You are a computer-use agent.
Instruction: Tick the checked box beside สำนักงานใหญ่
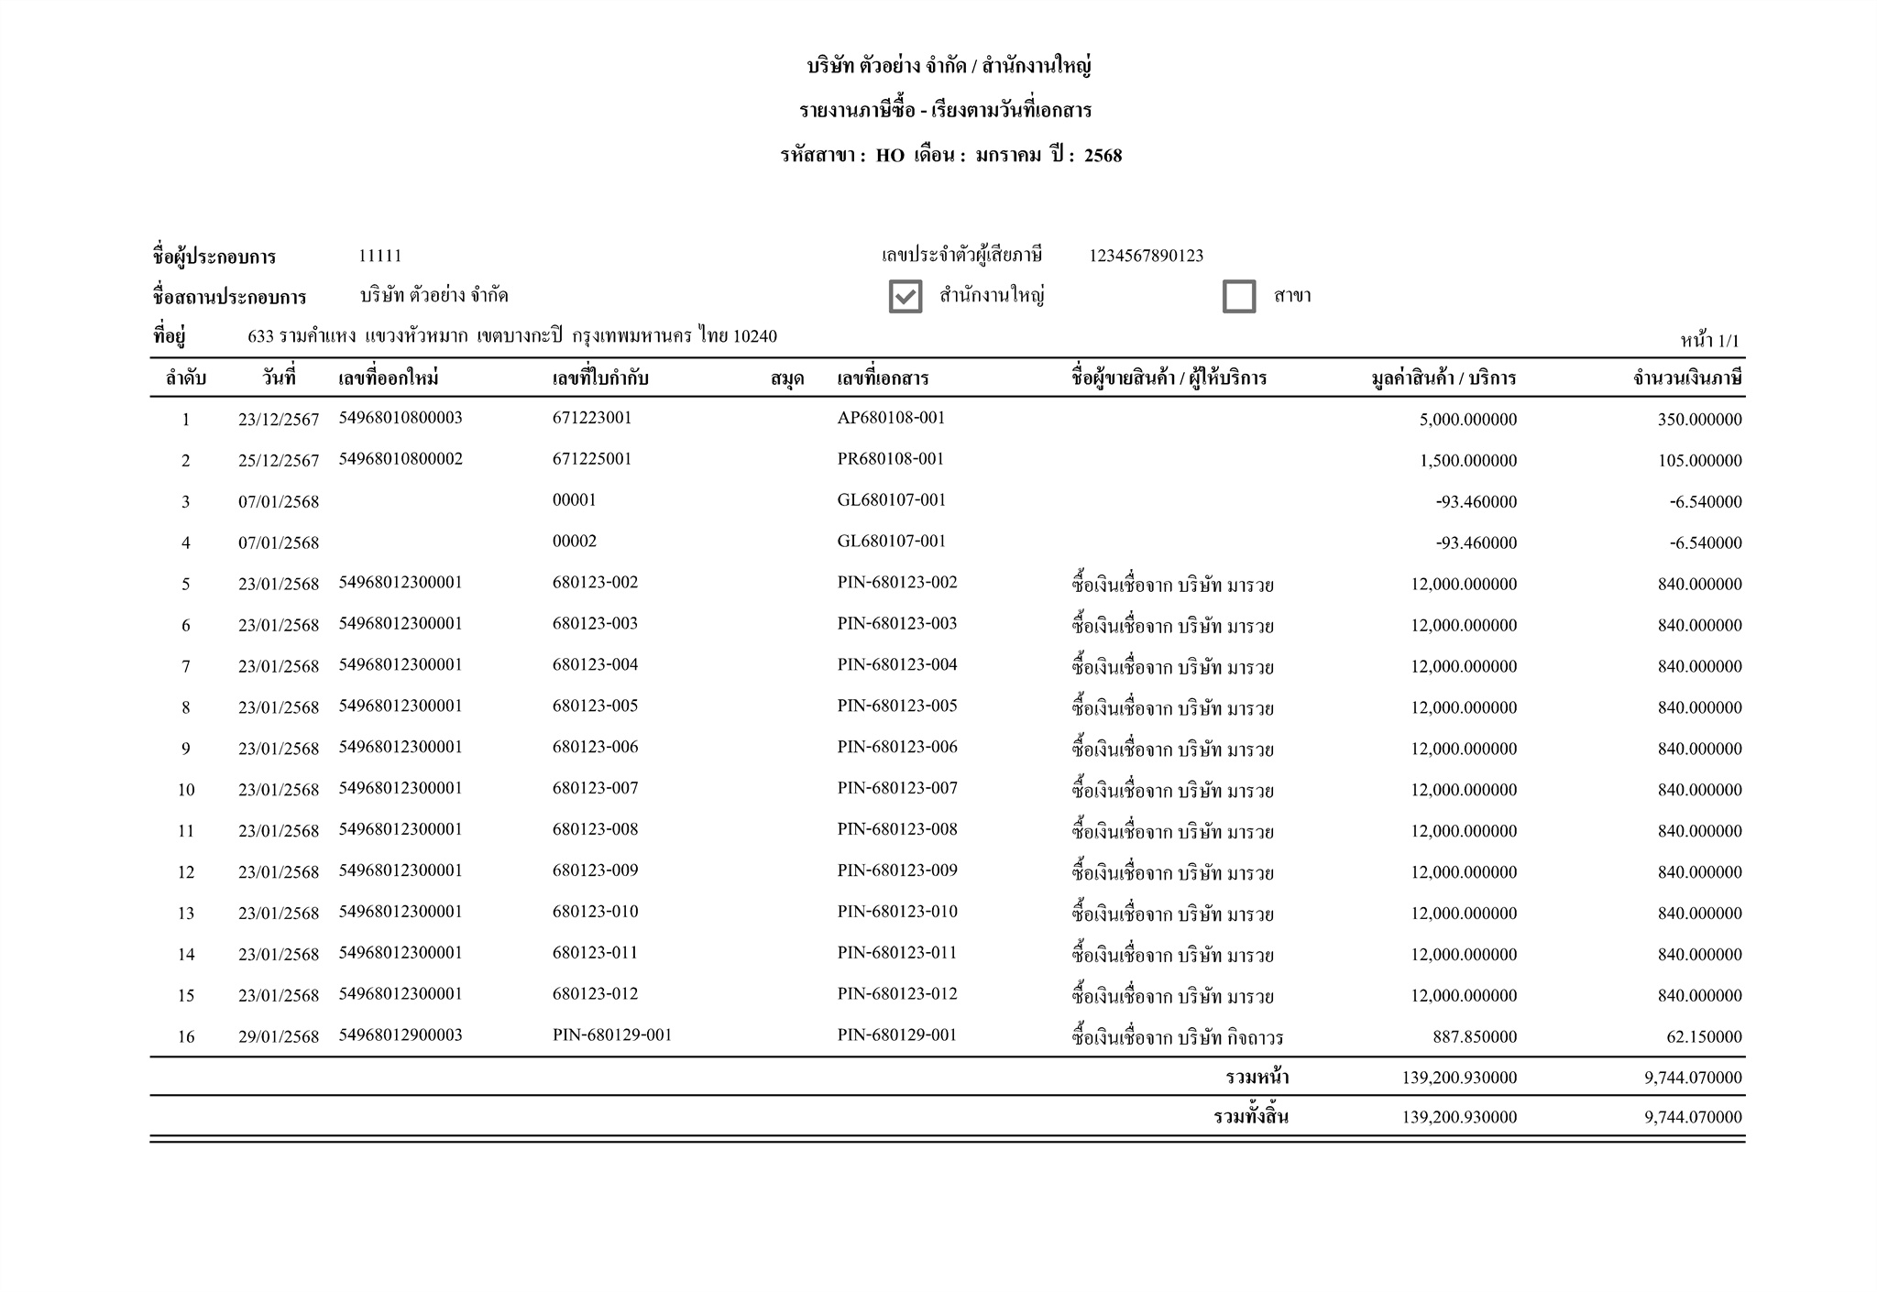coord(905,296)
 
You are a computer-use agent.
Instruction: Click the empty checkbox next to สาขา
coord(1238,296)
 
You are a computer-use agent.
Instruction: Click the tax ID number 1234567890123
coord(1146,256)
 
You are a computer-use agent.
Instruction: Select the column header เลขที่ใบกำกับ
coord(600,378)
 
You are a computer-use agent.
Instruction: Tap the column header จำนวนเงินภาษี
coord(1686,378)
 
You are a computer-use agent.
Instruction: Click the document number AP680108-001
coord(891,418)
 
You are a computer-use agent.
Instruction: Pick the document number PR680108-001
coord(890,459)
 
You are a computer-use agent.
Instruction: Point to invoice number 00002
coord(574,542)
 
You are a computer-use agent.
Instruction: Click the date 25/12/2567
coord(279,461)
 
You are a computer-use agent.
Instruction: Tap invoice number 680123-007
coord(595,788)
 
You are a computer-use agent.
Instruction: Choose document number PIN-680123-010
coord(896,912)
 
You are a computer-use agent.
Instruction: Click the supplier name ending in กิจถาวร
coord(1177,1038)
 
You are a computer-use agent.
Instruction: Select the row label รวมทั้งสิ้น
coord(1250,1117)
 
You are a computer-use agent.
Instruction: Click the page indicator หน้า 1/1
coord(1709,342)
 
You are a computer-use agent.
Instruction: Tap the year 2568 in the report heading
coord(1103,156)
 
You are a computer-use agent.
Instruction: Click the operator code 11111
coord(379,256)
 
